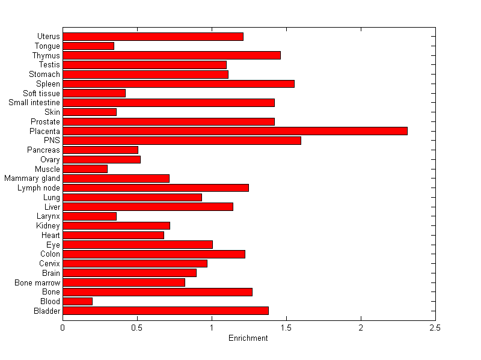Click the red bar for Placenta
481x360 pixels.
click(235, 131)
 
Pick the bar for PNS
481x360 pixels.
click(182, 141)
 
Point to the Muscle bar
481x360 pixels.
click(85, 169)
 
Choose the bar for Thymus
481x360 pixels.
click(171, 55)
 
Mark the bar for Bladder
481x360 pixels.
click(165, 311)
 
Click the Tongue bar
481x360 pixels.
click(88, 46)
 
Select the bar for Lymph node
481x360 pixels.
click(156, 188)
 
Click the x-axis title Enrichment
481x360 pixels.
click(248, 338)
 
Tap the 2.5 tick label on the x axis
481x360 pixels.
click(435, 328)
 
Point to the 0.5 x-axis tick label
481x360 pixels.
click(137, 328)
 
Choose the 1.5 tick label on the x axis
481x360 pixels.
click(286, 328)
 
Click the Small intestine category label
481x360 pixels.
click(34, 103)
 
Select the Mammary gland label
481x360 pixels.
click(32, 178)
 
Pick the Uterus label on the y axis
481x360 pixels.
click(48, 37)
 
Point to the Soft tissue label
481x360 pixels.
click(41, 93)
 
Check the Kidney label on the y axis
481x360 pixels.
click(48, 225)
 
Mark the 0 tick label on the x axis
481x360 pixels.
click(63, 328)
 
